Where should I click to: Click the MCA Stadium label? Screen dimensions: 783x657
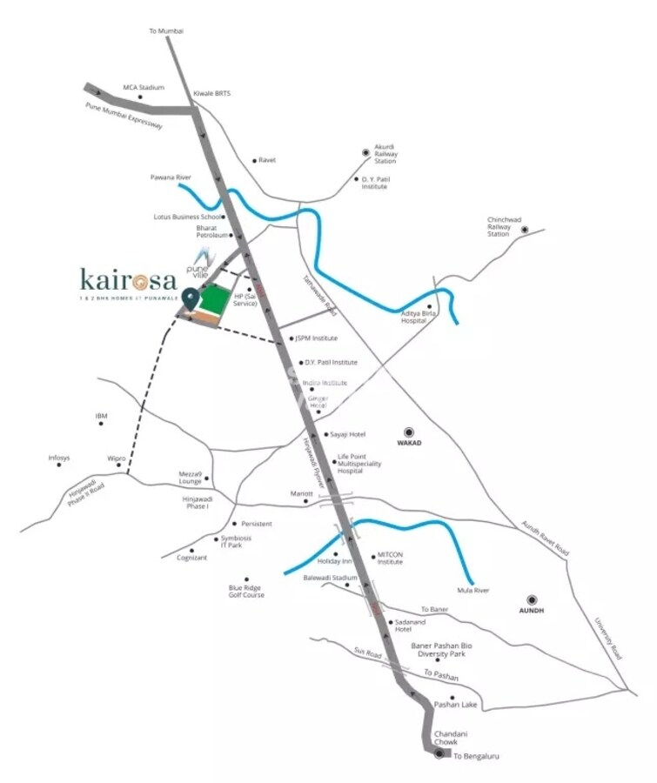tap(144, 87)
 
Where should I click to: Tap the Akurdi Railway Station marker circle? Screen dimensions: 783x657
tap(366, 153)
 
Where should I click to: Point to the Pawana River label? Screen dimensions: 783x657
tap(171, 177)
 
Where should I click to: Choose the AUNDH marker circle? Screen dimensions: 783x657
tap(531, 599)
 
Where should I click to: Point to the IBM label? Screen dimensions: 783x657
tap(101, 416)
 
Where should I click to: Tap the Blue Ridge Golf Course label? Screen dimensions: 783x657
tap(246, 592)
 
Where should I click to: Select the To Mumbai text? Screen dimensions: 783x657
tap(166, 31)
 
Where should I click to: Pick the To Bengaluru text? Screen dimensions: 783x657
tap(477, 757)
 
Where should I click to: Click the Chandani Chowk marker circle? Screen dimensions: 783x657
tap(439, 753)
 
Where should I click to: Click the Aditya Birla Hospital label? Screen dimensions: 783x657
tap(416, 318)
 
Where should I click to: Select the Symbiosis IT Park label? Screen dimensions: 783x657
tap(236, 541)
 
